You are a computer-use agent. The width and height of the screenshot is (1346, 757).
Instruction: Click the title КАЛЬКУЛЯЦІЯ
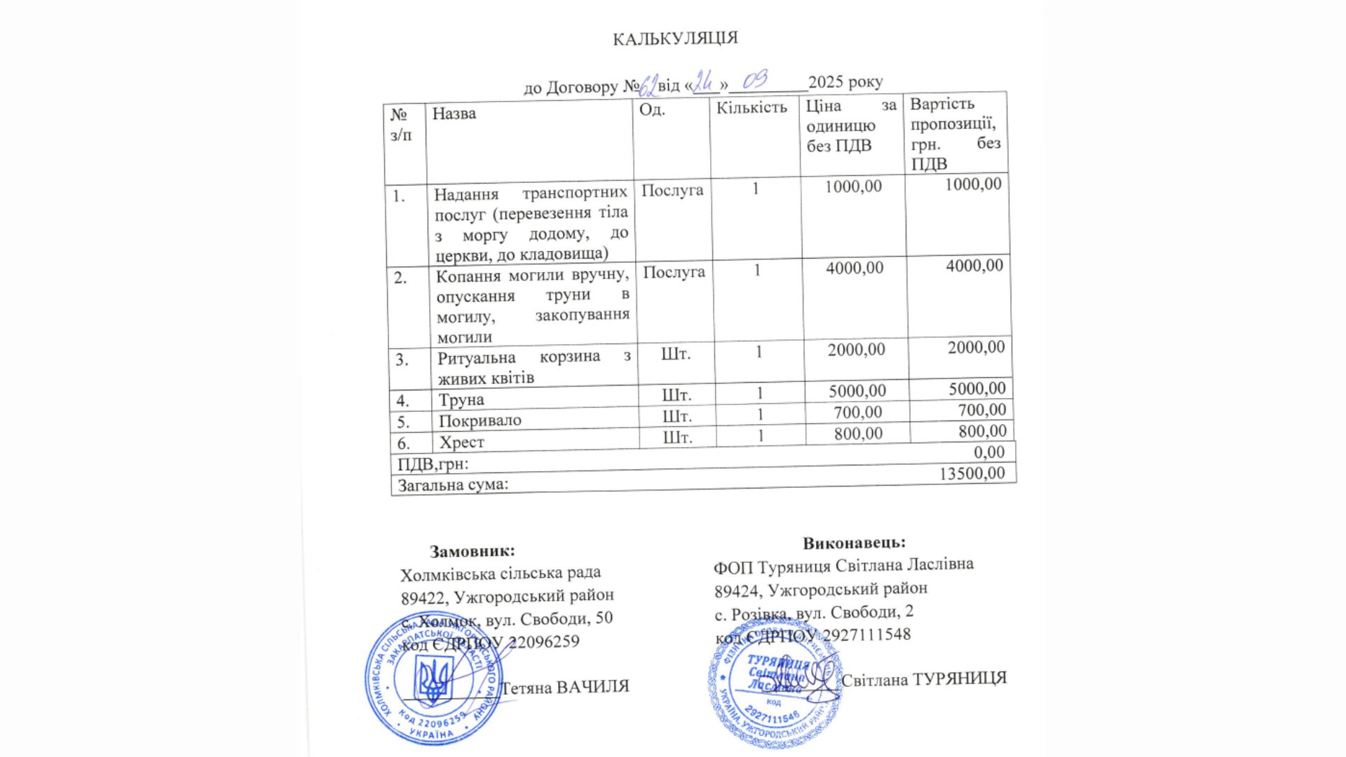pos(675,38)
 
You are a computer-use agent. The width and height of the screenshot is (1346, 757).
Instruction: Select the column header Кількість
pos(752,107)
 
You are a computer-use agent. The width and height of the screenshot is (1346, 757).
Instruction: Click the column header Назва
pos(454,113)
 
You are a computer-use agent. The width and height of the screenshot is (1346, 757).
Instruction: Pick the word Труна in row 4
pos(461,400)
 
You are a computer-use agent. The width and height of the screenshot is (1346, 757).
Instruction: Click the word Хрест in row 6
pos(461,442)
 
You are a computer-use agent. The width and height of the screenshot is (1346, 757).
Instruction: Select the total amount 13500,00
pos(972,473)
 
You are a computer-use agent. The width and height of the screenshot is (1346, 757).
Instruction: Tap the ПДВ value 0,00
pos(988,452)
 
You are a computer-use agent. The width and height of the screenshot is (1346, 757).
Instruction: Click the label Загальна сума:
pos(453,484)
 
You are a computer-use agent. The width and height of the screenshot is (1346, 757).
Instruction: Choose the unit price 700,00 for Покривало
pos(857,412)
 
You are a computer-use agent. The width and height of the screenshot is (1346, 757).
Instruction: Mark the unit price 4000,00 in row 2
pos(855,268)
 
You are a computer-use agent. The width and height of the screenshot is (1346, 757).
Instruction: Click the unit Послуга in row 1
pos(672,191)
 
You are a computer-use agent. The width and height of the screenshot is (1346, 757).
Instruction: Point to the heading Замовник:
pos(472,551)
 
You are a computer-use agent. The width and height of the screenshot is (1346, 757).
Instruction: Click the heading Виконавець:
pos(854,543)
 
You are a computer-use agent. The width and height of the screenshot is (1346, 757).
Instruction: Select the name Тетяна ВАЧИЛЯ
pos(565,687)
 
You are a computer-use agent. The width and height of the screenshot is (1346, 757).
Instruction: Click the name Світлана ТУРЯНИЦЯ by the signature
pos(924,678)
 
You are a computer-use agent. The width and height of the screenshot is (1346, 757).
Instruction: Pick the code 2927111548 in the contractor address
pos(866,635)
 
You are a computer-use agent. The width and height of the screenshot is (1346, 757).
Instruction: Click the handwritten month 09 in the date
pos(754,80)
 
